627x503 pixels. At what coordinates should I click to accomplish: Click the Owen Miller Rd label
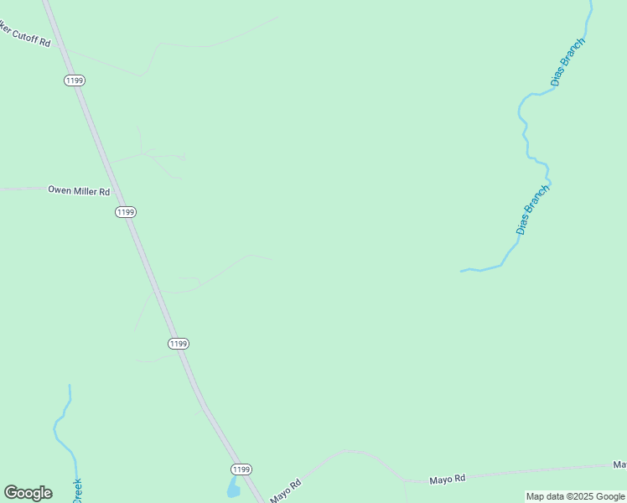79,190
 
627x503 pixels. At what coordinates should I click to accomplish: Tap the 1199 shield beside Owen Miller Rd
125,212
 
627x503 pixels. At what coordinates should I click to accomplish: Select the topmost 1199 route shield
74,80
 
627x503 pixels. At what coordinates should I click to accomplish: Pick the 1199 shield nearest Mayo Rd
241,469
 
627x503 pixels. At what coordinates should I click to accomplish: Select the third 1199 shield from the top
178,344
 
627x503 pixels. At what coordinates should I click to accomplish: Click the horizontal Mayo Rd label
447,480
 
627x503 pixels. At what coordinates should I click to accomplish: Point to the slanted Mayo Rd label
286,491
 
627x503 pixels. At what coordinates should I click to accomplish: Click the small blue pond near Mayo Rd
233,488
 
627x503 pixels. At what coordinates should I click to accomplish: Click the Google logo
28,493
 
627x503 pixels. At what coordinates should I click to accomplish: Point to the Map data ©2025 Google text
575,497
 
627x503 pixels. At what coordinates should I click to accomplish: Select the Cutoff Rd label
25,36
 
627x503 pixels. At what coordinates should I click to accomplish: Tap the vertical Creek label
76,490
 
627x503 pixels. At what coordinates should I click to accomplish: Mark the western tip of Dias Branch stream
462,271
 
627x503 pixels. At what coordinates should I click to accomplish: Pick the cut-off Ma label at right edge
619,464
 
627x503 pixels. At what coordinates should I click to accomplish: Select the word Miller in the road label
85,190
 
